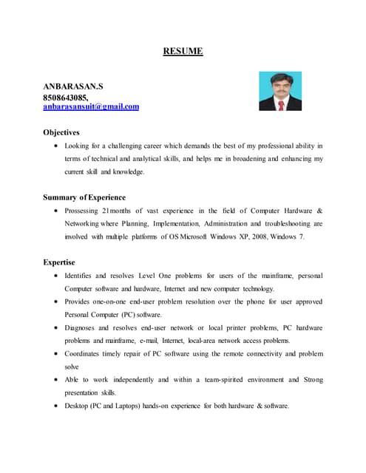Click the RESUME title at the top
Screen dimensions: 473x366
183,52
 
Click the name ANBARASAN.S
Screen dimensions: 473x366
73,86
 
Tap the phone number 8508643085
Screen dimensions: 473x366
65,97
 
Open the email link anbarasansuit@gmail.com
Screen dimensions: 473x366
91,106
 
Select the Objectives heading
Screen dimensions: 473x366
61,132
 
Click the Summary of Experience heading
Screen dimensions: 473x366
84,197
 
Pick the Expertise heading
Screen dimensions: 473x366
59,262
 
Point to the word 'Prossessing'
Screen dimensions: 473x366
85,211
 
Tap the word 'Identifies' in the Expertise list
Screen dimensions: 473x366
82,276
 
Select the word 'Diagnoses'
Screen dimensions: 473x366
83,327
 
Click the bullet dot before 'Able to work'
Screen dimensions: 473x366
58,380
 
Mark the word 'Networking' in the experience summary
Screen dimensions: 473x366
86,223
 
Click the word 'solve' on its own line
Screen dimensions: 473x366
72,367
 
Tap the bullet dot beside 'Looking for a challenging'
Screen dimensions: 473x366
58,146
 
